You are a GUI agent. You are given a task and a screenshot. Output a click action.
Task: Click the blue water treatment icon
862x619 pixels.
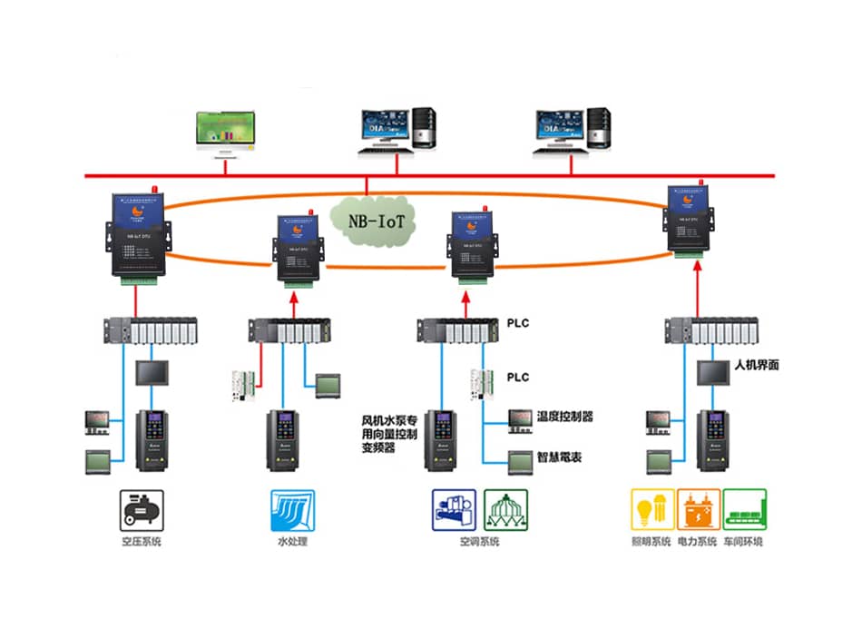click(x=292, y=511)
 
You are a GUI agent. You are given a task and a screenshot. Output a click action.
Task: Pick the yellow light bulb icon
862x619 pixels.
click(x=651, y=511)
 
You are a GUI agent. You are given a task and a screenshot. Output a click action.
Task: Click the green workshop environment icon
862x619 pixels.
click(x=745, y=511)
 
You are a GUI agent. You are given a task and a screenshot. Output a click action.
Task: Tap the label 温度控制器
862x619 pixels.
click(x=564, y=417)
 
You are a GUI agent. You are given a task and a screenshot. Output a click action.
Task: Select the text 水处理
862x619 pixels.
click(x=292, y=542)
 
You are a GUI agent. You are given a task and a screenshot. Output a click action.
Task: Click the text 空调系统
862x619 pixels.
click(x=479, y=542)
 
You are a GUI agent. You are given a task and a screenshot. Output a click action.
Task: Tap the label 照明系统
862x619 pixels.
click(x=651, y=542)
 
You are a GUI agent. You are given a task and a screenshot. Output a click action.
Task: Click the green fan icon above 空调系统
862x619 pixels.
click(x=505, y=511)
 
